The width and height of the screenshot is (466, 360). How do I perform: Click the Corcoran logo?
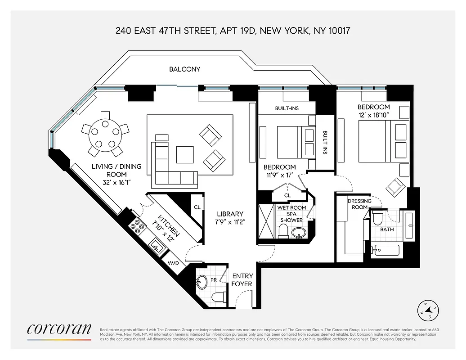click(x=59, y=329)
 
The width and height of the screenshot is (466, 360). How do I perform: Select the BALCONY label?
click(x=184, y=69)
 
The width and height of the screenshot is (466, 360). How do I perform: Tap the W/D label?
click(x=173, y=263)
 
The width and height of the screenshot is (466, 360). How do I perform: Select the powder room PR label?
click(x=214, y=280)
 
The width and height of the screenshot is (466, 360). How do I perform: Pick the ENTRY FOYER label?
click(x=242, y=279)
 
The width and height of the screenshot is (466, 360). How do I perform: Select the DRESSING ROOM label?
click(x=359, y=204)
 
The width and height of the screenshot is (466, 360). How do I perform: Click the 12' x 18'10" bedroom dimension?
click(x=373, y=115)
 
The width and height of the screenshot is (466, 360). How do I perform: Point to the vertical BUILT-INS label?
click(x=325, y=143)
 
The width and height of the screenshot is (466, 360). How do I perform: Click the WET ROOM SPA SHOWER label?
click(x=291, y=214)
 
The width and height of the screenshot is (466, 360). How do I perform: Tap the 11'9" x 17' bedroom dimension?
click(x=279, y=175)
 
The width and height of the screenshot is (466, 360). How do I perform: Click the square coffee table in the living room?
click(x=185, y=154)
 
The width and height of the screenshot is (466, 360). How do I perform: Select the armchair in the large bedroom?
click(x=395, y=186)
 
